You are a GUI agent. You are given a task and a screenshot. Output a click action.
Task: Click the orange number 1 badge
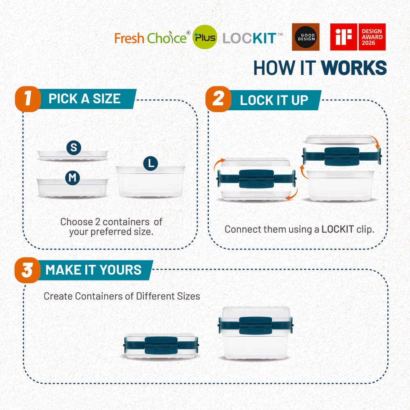pyautogui.click(x=27, y=99)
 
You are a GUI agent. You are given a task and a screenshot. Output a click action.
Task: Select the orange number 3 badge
pyautogui.click(x=27, y=270)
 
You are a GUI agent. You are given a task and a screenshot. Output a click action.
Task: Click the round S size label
pyautogui.click(x=74, y=148)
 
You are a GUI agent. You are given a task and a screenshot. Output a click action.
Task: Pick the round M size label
pyautogui.click(x=73, y=178)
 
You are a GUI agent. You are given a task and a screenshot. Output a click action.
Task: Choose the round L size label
pyautogui.click(x=150, y=163)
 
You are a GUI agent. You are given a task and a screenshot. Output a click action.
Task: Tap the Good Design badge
pyautogui.click(x=305, y=37)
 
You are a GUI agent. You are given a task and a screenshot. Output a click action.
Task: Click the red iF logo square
pyautogui.click(x=344, y=37)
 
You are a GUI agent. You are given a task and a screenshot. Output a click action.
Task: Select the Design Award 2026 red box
pyautogui.click(x=372, y=37)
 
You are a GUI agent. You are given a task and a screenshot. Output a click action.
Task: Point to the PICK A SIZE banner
pyautogui.click(x=84, y=99)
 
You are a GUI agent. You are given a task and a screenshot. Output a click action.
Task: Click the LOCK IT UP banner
pyautogui.click(x=274, y=100)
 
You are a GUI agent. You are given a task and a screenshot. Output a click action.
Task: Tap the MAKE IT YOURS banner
pyautogui.click(x=93, y=270)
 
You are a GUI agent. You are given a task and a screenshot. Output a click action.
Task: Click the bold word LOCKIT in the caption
pyautogui.click(x=337, y=229)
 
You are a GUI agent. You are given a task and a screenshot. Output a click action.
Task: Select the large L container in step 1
pyautogui.click(x=150, y=182)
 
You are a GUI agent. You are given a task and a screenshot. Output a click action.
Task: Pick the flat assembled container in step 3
pyautogui.click(x=161, y=346)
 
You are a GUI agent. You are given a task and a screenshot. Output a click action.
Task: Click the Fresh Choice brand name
pyautogui.click(x=150, y=38)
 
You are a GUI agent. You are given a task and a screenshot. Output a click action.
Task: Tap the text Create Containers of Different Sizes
pyautogui.click(x=122, y=296)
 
